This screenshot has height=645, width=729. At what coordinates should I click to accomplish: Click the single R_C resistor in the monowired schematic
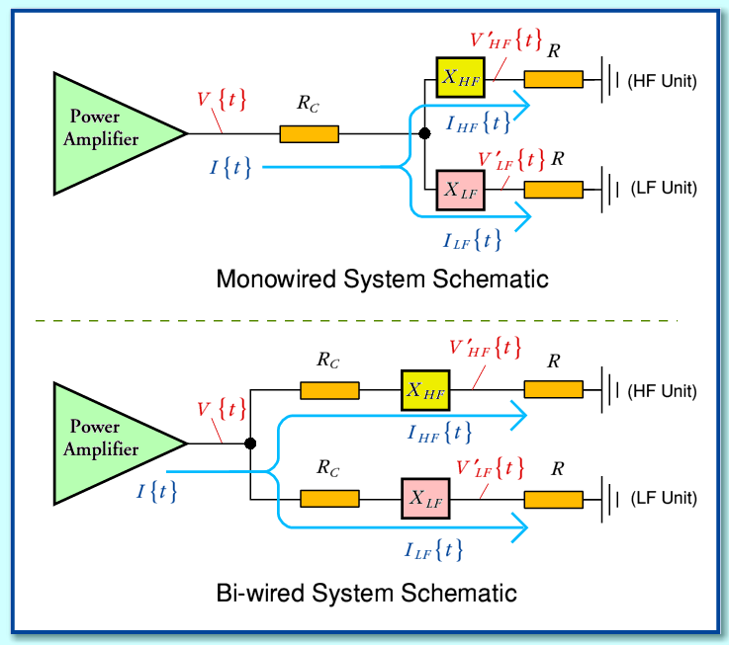(310, 133)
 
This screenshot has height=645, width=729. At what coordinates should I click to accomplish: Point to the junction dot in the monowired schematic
(424, 133)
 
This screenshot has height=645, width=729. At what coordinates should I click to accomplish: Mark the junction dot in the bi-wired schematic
(251, 443)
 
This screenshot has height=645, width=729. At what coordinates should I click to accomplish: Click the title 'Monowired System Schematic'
(382, 280)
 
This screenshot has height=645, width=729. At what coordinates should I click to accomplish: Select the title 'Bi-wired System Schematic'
(366, 594)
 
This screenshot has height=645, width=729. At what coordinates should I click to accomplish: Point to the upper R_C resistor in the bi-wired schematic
(329, 391)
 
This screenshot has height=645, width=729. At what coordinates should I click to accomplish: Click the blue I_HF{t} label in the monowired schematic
(479, 122)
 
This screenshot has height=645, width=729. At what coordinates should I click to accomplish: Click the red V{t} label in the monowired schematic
(223, 101)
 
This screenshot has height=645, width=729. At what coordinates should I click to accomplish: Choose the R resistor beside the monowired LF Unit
(553, 189)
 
